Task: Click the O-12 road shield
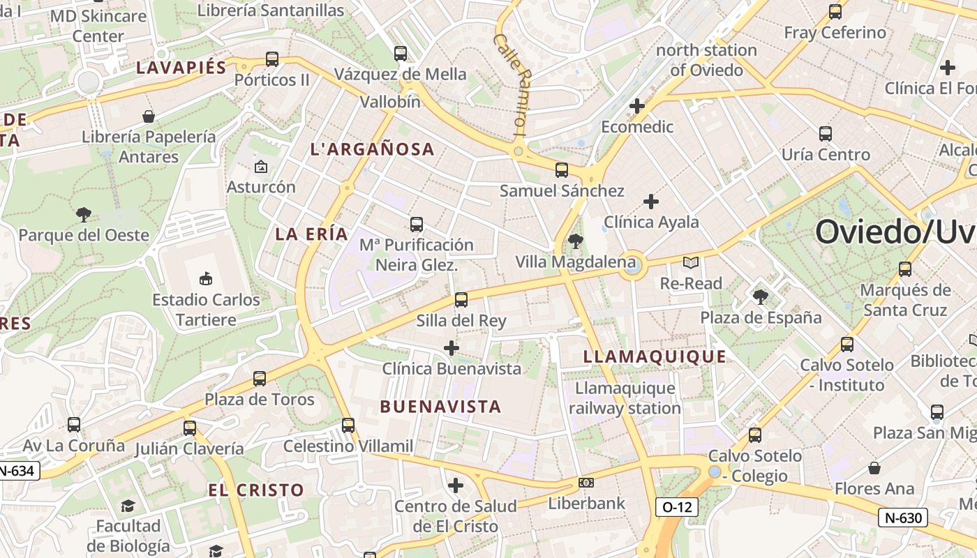pyautogui.click(x=677, y=507)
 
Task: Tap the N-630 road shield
pyautogui.click(x=902, y=518)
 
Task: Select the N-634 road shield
pyautogui.click(x=17, y=471)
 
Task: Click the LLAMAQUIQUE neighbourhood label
pyautogui.click(x=654, y=356)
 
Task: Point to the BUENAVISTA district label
pyautogui.click(x=440, y=407)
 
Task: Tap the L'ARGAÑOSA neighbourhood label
pyautogui.click(x=372, y=149)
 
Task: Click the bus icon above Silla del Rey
pyautogui.click(x=461, y=300)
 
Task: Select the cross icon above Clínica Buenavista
pyautogui.click(x=452, y=347)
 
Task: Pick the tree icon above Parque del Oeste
pyautogui.click(x=84, y=213)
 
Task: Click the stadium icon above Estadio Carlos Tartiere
pyautogui.click(x=205, y=278)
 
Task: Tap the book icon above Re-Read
pyautogui.click(x=690, y=263)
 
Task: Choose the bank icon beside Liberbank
pyautogui.click(x=586, y=483)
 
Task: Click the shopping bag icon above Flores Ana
pyautogui.click(x=874, y=467)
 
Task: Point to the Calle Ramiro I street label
pyautogui.click(x=511, y=83)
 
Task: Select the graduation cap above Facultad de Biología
pyautogui.click(x=128, y=505)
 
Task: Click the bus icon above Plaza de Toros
pyautogui.click(x=259, y=379)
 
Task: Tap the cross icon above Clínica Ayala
pyautogui.click(x=651, y=202)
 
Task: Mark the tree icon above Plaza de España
pyautogui.click(x=761, y=296)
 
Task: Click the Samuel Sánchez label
pyautogui.click(x=562, y=190)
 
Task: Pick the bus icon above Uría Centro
pyautogui.click(x=825, y=133)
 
